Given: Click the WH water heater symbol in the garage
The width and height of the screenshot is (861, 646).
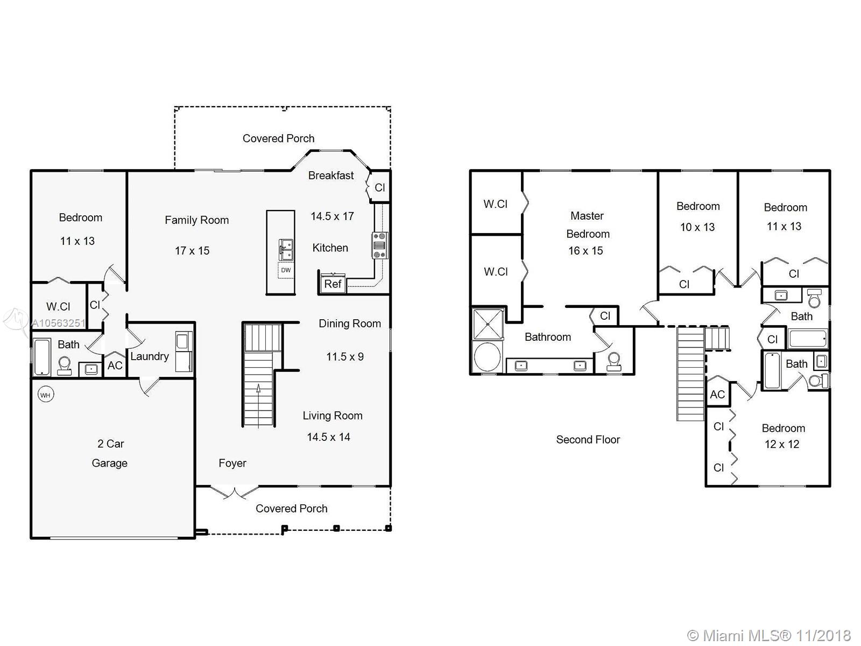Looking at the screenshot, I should [45, 395].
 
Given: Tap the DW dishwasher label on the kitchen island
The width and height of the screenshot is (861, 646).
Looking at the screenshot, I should [286, 270].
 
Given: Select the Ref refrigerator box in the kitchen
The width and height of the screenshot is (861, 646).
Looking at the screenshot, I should [333, 284].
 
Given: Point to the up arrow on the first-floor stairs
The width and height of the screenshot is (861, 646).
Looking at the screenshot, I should [259, 389].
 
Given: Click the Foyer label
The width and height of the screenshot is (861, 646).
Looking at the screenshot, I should [232, 463].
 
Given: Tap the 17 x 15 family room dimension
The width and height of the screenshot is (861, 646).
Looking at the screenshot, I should [192, 250].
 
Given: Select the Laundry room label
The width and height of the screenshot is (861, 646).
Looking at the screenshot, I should [150, 356].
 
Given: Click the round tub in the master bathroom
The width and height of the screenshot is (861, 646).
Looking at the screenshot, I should [487, 357].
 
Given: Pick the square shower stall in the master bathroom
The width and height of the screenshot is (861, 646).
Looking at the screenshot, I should [488, 324].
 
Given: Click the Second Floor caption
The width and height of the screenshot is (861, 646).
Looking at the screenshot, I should [588, 439].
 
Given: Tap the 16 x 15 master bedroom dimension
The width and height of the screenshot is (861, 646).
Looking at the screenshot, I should [585, 250].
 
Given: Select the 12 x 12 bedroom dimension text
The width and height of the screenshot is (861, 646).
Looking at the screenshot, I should [781, 444].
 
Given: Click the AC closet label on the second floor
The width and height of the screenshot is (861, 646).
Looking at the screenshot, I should [717, 394].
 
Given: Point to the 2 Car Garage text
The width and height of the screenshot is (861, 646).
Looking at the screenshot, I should [110, 453].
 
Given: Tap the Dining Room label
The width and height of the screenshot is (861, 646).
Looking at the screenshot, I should [350, 323].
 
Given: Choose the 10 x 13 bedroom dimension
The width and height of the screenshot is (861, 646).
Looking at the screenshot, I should [697, 227].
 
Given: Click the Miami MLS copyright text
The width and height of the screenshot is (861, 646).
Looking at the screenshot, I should [769, 635].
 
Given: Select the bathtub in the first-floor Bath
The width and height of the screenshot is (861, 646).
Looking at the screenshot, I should [42, 357].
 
